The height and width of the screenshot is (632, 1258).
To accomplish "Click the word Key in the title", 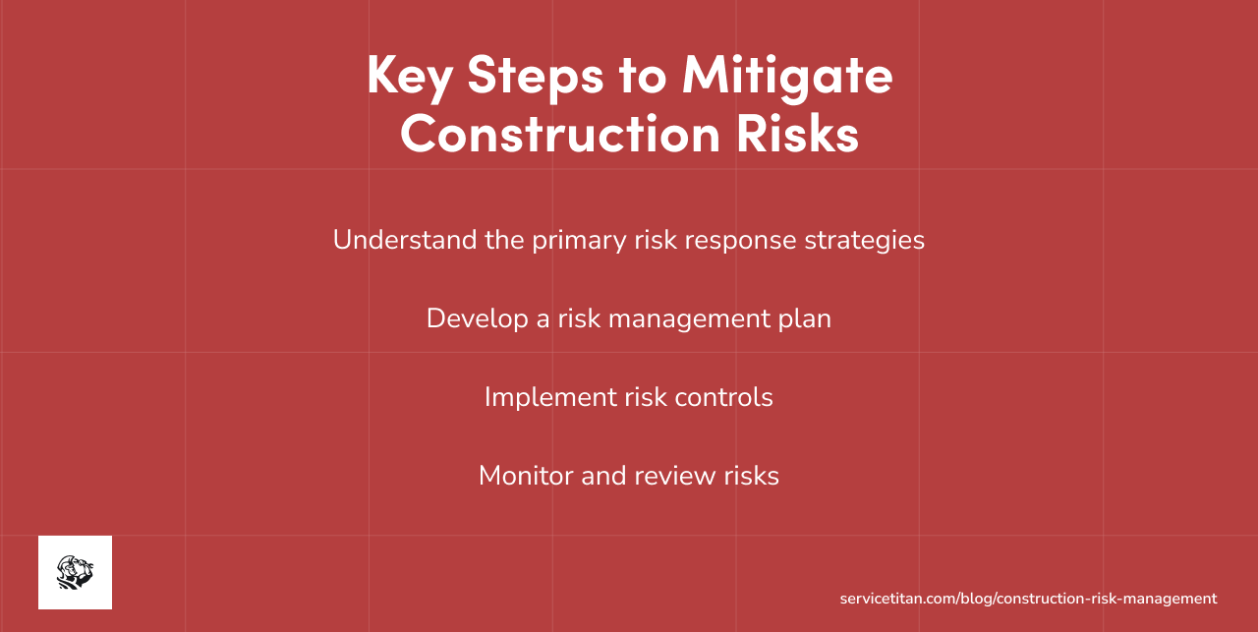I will point(409,75).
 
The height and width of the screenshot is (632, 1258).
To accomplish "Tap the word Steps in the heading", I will point(536,75).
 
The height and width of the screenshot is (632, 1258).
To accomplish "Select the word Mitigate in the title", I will point(787,75).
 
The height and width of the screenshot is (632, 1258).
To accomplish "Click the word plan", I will point(805,319).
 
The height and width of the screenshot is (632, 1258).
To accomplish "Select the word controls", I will point(725,398).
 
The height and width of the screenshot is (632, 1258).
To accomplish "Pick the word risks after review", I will point(749,476).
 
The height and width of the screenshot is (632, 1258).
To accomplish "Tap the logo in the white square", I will point(75,572).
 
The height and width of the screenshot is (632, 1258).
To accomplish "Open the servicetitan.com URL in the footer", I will point(1028,599).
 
